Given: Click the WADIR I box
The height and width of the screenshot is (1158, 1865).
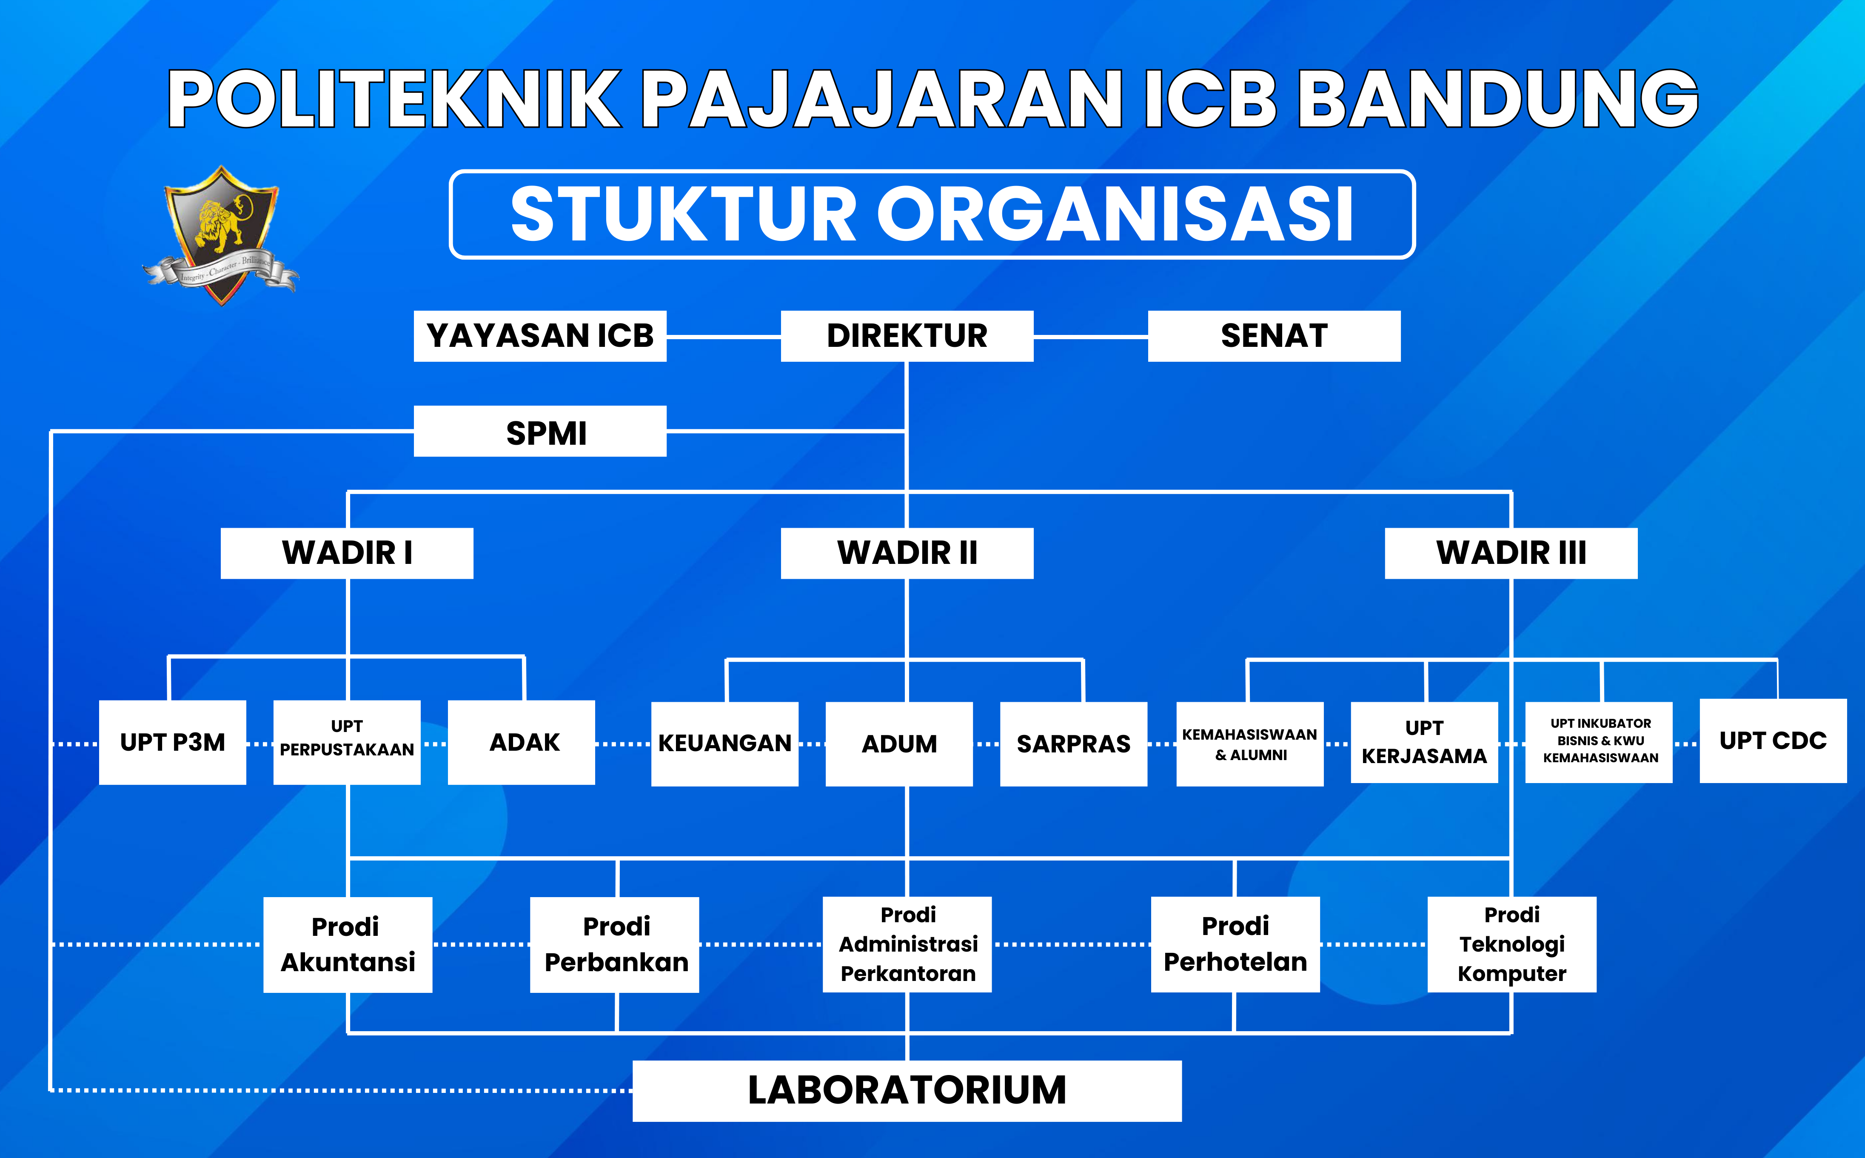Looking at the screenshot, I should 347,553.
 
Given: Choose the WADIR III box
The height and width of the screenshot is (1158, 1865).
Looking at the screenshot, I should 1511,553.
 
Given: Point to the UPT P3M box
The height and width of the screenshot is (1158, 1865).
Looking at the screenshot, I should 172,742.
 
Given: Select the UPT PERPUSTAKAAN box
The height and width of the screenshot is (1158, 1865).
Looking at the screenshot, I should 347,742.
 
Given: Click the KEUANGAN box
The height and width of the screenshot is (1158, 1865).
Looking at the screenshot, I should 724,743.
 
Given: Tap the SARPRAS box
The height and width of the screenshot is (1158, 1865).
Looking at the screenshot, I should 1073,743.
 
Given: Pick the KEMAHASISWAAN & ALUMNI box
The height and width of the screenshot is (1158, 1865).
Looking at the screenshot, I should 1249,743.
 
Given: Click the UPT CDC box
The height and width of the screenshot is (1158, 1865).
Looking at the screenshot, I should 1772,741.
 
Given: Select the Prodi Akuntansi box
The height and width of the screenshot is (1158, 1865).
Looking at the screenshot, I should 348,944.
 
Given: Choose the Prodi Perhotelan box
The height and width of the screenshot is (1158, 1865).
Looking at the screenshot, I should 1235,944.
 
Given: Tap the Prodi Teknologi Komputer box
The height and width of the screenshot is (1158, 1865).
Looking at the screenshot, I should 1511,944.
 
